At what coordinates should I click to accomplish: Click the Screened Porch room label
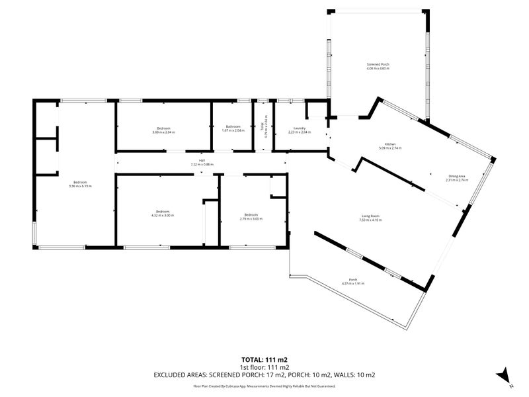(378, 64)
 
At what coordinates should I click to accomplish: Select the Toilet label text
(263, 126)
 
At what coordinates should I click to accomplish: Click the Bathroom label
(233, 127)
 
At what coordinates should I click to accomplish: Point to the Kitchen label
(391, 144)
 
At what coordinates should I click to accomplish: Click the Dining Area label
(456, 176)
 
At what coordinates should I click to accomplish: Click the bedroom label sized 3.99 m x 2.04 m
(163, 128)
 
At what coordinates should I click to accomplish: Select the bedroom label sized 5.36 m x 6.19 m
(79, 182)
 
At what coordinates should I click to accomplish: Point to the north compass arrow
(504, 375)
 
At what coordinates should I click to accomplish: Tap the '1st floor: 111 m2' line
(264, 367)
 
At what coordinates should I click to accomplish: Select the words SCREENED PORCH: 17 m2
(261, 375)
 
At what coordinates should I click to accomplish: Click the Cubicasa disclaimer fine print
(264, 386)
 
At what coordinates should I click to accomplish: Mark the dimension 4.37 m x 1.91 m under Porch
(353, 283)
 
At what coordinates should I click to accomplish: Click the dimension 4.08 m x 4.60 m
(378, 68)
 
